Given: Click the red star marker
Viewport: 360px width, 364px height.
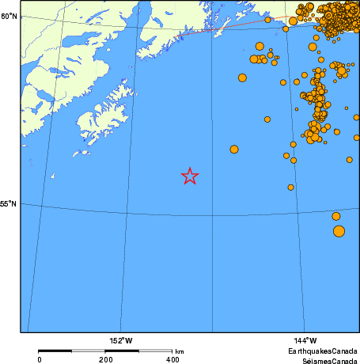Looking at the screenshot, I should tap(190, 176).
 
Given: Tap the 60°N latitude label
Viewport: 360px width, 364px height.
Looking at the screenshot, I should tap(9, 16).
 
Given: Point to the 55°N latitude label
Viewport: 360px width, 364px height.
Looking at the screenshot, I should tap(9, 203).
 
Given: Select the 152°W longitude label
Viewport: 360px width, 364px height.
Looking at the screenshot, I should tap(121, 340).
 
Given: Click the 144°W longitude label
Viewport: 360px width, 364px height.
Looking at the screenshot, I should tap(305, 340).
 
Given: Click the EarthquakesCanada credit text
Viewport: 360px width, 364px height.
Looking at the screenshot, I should tap(322, 350).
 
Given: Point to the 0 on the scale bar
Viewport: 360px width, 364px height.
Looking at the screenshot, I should tap(40, 358).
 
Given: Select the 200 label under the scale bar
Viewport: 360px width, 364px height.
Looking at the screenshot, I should tap(106, 358).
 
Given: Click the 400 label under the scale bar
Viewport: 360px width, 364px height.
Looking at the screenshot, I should tap(172, 358).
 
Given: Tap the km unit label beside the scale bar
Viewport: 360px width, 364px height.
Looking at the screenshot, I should tap(180, 351).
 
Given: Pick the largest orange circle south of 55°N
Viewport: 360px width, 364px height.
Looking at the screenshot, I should tap(339, 231).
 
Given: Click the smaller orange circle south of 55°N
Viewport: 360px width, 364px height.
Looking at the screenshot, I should tap(336, 216).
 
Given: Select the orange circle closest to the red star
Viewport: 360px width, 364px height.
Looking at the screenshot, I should tap(234, 149).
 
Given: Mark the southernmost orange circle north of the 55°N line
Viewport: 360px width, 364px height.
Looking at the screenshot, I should tap(291, 188).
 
